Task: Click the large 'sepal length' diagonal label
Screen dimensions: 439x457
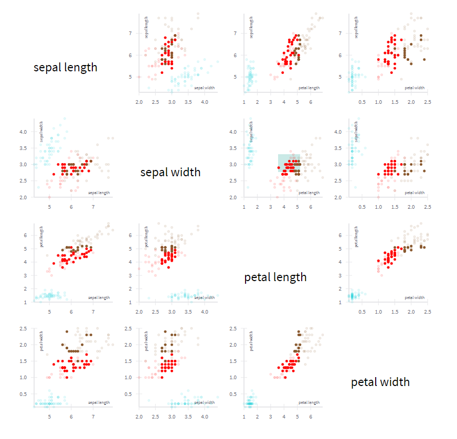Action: coord(65,67)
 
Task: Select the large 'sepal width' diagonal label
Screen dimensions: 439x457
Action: coord(170,172)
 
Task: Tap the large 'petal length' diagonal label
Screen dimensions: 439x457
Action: coord(275,277)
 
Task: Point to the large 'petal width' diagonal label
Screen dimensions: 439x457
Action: coord(380,382)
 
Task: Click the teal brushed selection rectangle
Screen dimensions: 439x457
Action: coord(289,163)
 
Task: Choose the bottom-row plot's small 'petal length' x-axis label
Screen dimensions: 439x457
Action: coord(309,402)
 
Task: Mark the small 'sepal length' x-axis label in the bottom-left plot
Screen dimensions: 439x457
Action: coord(99,402)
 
